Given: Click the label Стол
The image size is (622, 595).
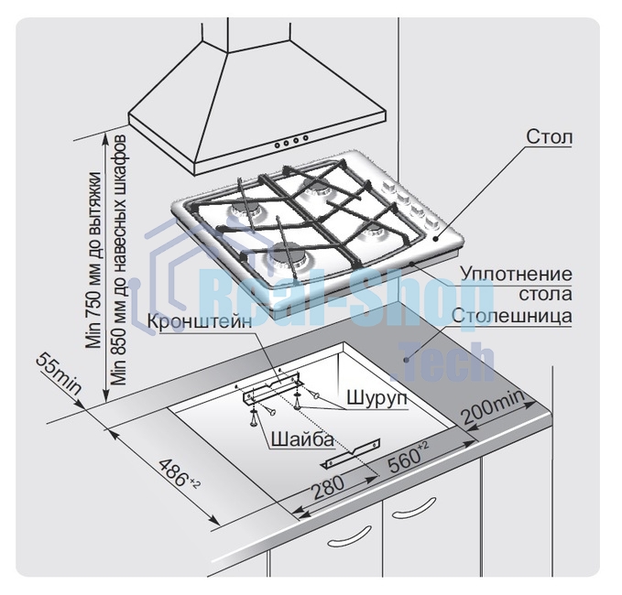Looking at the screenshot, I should pyautogui.click(x=550, y=138).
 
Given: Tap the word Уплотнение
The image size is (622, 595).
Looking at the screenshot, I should pyautogui.click(x=516, y=275).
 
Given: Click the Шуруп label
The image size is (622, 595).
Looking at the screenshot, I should pyautogui.click(x=376, y=399).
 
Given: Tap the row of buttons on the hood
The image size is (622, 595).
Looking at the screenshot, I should pyautogui.click(x=290, y=142).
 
